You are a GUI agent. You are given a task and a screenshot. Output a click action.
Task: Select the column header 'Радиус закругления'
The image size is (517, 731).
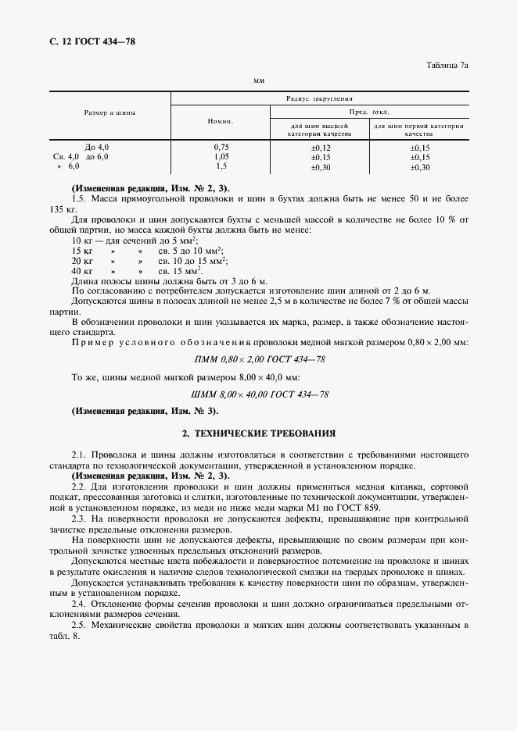[319, 99]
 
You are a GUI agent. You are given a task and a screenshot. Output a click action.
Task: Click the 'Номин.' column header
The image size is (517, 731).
[220, 122]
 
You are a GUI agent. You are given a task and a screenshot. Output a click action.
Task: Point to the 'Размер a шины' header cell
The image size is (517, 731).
[110, 112]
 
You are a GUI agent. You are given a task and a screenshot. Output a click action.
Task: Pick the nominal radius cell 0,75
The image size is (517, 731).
[221, 147]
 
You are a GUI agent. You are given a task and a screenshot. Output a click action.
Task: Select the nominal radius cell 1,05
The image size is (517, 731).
[221, 157]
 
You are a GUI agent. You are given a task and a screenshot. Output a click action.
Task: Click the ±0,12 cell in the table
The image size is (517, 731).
[321, 147]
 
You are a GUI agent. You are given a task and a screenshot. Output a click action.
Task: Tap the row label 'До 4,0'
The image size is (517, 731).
[96, 147]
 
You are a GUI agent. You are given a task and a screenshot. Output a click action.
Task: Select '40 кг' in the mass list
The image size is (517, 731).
[81, 269]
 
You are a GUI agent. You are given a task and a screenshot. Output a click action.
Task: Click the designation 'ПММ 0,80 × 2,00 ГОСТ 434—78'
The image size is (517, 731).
[259, 359]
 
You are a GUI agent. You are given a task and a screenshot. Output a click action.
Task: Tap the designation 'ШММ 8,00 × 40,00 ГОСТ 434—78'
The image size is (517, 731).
[259, 394]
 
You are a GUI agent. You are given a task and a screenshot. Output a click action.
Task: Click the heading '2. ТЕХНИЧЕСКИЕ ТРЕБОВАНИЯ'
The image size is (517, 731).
[259, 431]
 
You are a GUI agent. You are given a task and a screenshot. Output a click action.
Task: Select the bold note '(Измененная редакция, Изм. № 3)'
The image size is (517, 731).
[145, 411]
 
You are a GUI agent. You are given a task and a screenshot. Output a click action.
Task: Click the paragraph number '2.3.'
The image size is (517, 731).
[79, 519]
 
